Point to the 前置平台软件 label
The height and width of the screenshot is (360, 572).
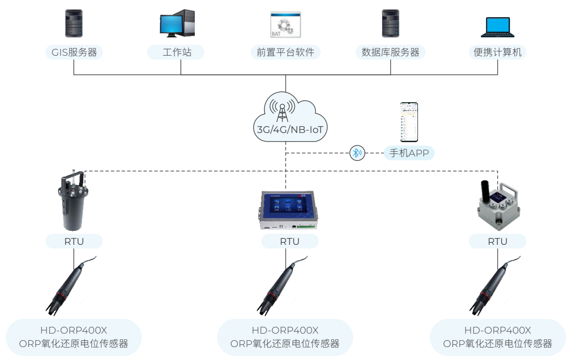point(286,52)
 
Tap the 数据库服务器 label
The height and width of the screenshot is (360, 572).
point(390,52)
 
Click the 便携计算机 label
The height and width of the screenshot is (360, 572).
point(498,52)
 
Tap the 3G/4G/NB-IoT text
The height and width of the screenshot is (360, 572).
point(286,130)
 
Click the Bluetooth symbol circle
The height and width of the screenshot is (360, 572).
point(357,153)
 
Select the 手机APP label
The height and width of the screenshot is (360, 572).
point(409,153)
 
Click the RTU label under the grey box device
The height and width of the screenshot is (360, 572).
point(498,241)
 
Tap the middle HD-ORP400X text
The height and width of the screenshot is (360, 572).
point(285,330)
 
